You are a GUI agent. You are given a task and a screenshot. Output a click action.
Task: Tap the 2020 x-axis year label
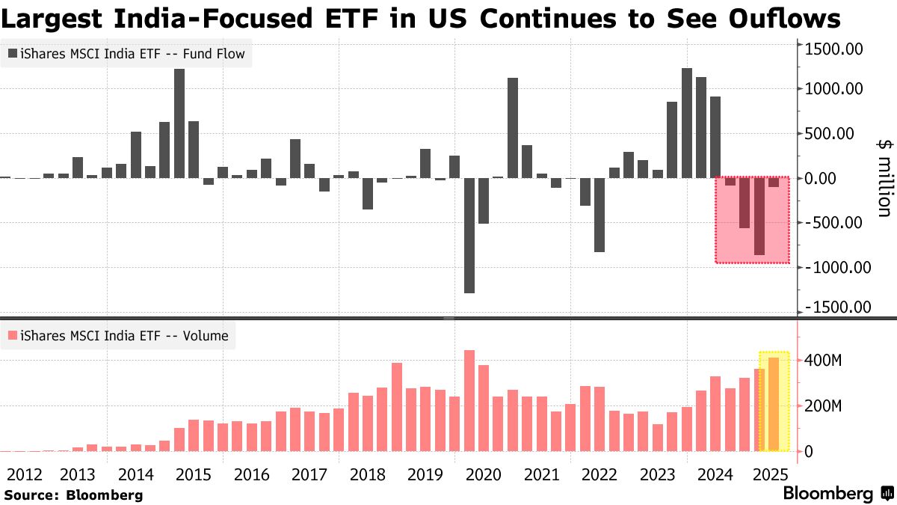pos(484,474)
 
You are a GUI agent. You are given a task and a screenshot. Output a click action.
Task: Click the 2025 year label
pos(770,474)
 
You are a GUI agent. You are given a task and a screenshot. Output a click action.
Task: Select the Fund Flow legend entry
pos(127,54)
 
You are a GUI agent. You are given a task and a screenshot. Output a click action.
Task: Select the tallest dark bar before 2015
pos(179,123)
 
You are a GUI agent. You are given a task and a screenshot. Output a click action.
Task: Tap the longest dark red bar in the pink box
pos(759,216)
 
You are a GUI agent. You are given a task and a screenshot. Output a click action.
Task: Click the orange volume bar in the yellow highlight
pos(774,404)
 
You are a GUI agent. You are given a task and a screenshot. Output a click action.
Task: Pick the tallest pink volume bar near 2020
pos(469,400)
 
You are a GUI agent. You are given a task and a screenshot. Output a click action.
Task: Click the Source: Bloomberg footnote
pos(73,495)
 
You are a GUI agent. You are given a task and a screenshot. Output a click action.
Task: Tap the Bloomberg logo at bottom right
pos(838,494)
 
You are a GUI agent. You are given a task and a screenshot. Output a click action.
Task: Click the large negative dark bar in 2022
pos(599,215)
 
